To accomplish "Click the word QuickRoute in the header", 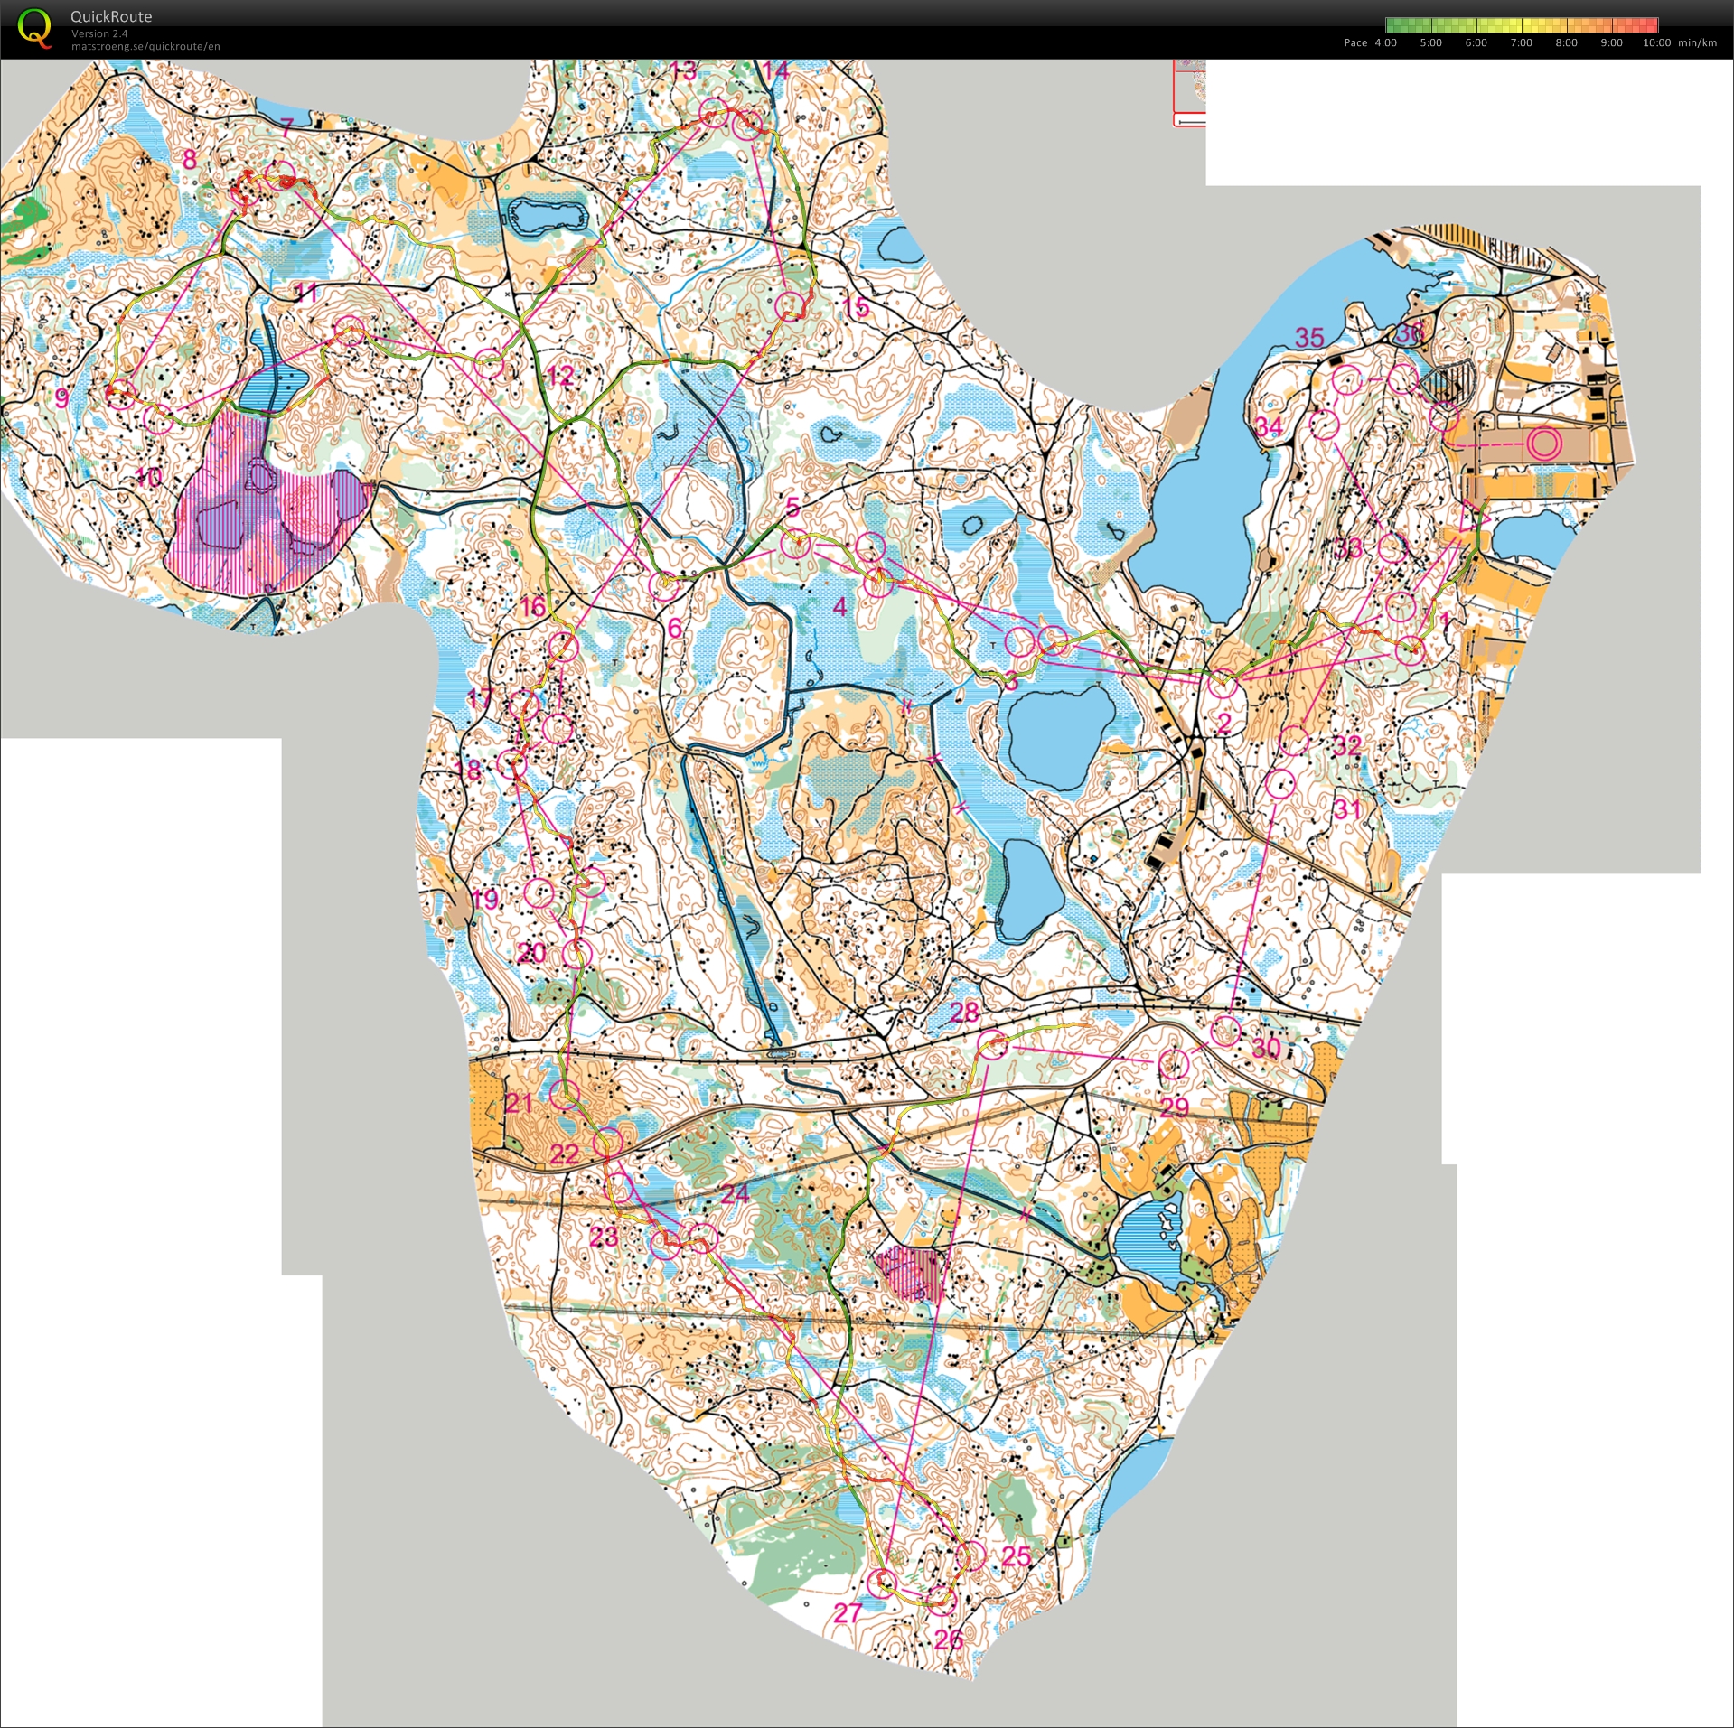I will pos(111,16).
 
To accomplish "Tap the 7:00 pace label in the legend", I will pos(1521,42).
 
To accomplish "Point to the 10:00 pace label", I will pos(1656,42).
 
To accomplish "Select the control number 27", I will pos(847,1611).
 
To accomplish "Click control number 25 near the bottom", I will pos(1017,1555).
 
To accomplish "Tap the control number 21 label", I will pos(520,1102).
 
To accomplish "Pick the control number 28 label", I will pos(964,1012).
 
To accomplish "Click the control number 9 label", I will pos(61,397).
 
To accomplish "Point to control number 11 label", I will pos(305,292).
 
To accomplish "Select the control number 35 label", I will pos(1309,338).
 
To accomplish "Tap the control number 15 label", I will pos(856,307).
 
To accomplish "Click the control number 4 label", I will pos(839,607).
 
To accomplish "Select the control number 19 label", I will pos(485,898).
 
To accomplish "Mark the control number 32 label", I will pos(1346,745).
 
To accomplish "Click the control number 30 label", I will pos(1265,1047).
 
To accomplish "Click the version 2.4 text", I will pos(99,33).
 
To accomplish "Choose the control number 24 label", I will pos(735,1193).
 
